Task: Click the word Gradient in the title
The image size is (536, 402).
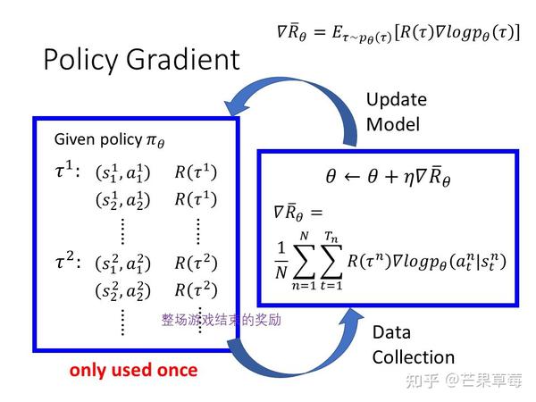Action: click(x=183, y=59)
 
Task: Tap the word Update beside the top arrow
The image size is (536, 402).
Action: click(x=397, y=100)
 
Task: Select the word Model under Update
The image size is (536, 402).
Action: click(x=393, y=124)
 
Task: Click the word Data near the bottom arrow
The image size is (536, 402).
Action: click(x=391, y=332)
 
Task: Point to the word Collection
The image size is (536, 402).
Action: click(x=414, y=357)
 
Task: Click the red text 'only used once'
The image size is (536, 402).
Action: click(x=134, y=370)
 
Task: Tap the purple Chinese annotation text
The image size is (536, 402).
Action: click(x=222, y=320)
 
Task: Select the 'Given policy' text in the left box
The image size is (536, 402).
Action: click(x=98, y=139)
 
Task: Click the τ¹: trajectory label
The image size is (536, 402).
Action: click(x=68, y=170)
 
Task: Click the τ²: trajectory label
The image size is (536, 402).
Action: click(x=68, y=261)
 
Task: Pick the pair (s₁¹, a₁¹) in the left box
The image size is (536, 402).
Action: click(x=123, y=172)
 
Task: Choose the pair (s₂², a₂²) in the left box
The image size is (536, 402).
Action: click(x=123, y=291)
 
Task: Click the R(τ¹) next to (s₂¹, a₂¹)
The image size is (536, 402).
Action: click(x=196, y=199)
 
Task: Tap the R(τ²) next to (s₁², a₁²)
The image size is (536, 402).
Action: click(x=196, y=263)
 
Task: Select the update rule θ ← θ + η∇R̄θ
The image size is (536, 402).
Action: click(x=388, y=176)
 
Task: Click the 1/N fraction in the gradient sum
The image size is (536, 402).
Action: click(x=281, y=260)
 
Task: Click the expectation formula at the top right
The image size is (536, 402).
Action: click(x=398, y=32)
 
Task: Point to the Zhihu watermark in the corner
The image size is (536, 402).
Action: click(x=464, y=381)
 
